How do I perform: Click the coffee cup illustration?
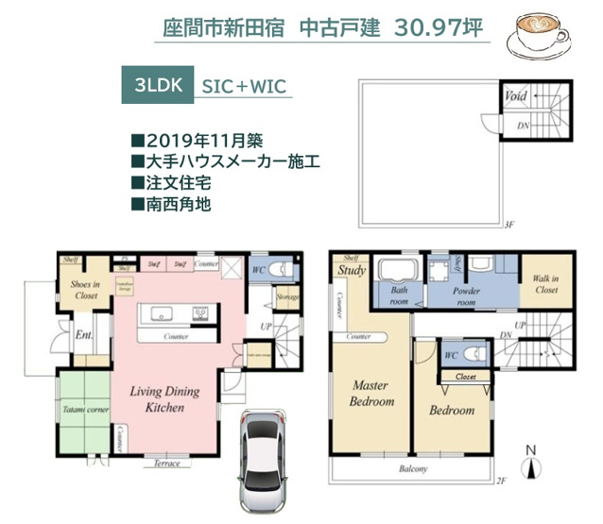538,37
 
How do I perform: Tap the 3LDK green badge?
157,84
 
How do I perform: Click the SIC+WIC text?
242,85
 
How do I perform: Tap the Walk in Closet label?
546,284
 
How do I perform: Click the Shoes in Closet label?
86,290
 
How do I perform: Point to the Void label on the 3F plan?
516,96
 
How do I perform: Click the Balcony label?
413,469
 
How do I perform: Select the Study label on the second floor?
352,271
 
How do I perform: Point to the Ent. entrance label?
82,333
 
